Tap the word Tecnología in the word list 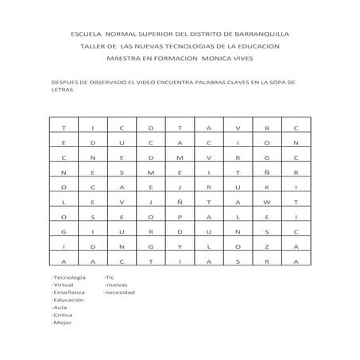point(68,277)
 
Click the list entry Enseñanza point(66,292)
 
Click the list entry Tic point(110,277)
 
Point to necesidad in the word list point(120,292)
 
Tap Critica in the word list point(61,315)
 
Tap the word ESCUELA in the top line point(87,35)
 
